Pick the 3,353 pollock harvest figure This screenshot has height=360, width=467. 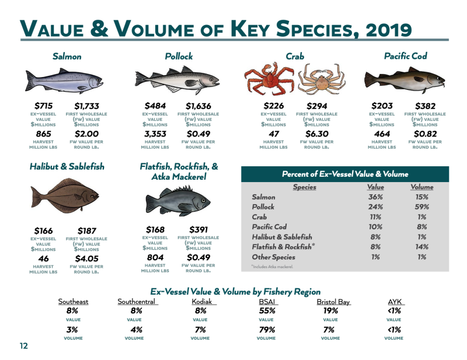click(x=155, y=134)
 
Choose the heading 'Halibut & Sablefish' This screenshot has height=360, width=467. click(x=67, y=167)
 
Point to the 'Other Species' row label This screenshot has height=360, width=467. click(x=274, y=257)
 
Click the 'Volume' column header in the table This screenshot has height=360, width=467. click(x=421, y=187)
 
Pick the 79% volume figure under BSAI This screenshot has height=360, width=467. click(x=266, y=330)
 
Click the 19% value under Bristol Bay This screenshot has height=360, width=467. click(x=330, y=311)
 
